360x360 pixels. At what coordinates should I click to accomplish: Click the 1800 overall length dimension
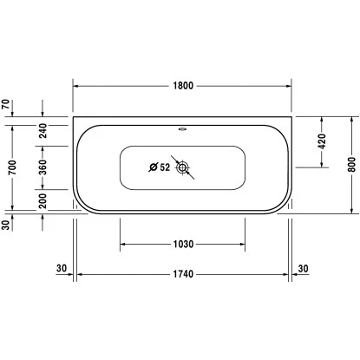[x=183, y=86]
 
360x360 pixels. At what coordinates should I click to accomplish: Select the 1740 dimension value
[x=183, y=274]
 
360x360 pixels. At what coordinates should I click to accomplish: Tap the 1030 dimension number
[x=183, y=245]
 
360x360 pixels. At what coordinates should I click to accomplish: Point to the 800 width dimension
[x=351, y=164]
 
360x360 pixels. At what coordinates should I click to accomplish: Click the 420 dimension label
[x=322, y=141]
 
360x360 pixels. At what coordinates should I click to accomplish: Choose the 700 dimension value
[x=12, y=167]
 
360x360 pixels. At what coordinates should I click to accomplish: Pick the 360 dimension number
[x=43, y=167]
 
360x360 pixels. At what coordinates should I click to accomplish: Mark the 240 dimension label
[x=43, y=131]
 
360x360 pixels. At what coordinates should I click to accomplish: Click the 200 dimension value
[x=43, y=200]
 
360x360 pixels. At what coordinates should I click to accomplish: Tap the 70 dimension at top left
[x=6, y=104]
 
